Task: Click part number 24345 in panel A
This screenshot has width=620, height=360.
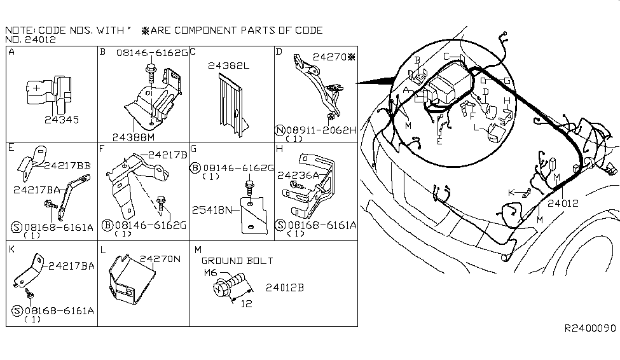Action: (x=62, y=120)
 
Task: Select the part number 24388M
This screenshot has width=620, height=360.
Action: (x=134, y=137)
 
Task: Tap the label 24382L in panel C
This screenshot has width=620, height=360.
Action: (x=228, y=66)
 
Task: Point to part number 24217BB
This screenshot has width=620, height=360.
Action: (x=67, y=165)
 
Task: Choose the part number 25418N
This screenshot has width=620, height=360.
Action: (x=212, y=210)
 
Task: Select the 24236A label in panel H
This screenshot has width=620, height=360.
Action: (x=298, y=176)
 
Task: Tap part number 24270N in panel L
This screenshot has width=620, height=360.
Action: (x=160, y=259)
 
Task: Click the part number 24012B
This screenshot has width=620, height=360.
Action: (x=285, y=287)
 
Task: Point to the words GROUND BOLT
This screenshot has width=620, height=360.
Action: (x=237, y=261)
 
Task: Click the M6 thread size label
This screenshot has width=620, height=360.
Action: (x=210, y=273)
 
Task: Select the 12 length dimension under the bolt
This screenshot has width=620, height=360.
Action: (x=246, y=304)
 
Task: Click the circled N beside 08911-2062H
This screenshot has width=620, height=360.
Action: (x=280, y=130)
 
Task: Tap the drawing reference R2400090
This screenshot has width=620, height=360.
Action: (x=589, y=328)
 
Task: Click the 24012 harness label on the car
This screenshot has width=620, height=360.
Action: (x=563, y=204)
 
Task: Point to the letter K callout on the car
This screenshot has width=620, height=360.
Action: (x=511, y=193)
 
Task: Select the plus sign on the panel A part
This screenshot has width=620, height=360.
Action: (x=36, y=88)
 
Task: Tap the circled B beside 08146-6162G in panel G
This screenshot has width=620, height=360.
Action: (x=195, y=168)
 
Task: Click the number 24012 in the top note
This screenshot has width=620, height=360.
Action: (x=40, y=39)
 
